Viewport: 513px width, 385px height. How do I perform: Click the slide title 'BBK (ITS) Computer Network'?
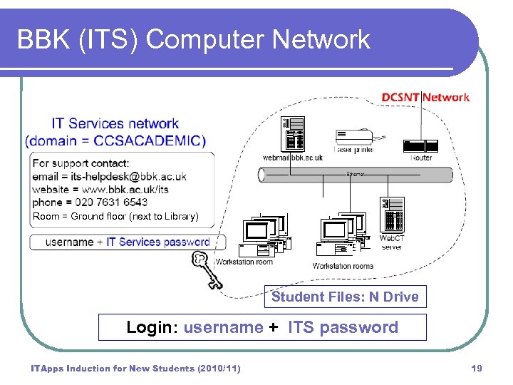click(193, 40)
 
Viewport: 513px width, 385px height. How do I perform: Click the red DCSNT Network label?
click(425, 98)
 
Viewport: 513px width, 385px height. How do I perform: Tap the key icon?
click(206, 269)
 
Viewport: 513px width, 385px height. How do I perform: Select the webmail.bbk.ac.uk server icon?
click(292, 134)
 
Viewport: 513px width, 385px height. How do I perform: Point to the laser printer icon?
click(353, 140)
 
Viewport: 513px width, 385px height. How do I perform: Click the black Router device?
click(420, 146)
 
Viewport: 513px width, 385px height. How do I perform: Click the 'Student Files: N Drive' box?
click(345, 297)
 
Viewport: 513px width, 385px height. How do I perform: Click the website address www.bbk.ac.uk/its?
click(125, 189)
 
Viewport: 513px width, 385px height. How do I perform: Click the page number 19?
click(477, 368)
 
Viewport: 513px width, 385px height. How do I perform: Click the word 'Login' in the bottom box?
click(149, 327)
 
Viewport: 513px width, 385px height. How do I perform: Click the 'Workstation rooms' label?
click(343, 266)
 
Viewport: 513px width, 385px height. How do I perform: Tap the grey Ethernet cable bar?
click(356, 175)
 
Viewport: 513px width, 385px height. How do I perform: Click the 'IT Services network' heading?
click(115, 124)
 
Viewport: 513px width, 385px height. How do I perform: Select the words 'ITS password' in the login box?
click(343, 327)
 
